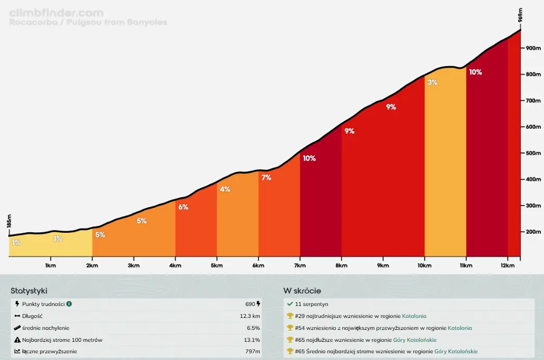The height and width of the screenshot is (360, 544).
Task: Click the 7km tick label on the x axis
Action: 300,265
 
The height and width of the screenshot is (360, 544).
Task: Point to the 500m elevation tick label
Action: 534,153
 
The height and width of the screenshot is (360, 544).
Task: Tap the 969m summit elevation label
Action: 521,16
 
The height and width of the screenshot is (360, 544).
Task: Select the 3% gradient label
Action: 432,82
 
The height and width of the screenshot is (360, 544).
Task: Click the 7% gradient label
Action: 266,178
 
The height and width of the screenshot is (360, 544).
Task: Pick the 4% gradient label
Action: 225,189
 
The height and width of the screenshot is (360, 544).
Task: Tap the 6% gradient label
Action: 183,207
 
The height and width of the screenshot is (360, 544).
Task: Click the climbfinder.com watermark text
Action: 56,13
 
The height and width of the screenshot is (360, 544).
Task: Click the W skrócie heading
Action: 302,291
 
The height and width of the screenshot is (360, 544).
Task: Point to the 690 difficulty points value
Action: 250,304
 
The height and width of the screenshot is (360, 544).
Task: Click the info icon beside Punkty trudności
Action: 69,304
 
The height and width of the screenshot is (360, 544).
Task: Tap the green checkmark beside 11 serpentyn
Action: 290,304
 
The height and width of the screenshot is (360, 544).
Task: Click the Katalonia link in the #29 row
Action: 414,316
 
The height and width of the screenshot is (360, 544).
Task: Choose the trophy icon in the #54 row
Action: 290,328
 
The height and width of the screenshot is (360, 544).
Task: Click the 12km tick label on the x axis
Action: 508,265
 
